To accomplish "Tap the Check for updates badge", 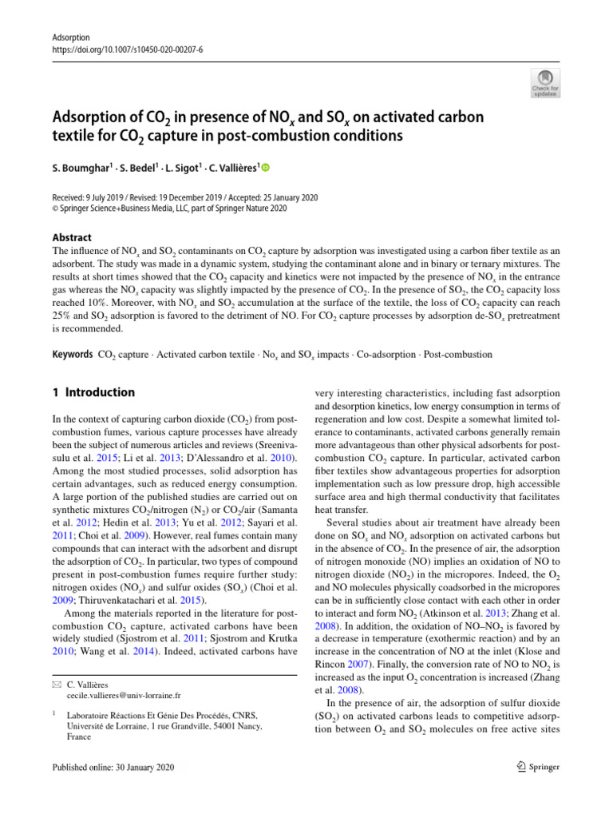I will tap(545, 84).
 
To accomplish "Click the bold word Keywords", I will tap(72, 353).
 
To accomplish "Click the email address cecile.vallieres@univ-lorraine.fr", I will tap(118, 696).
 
